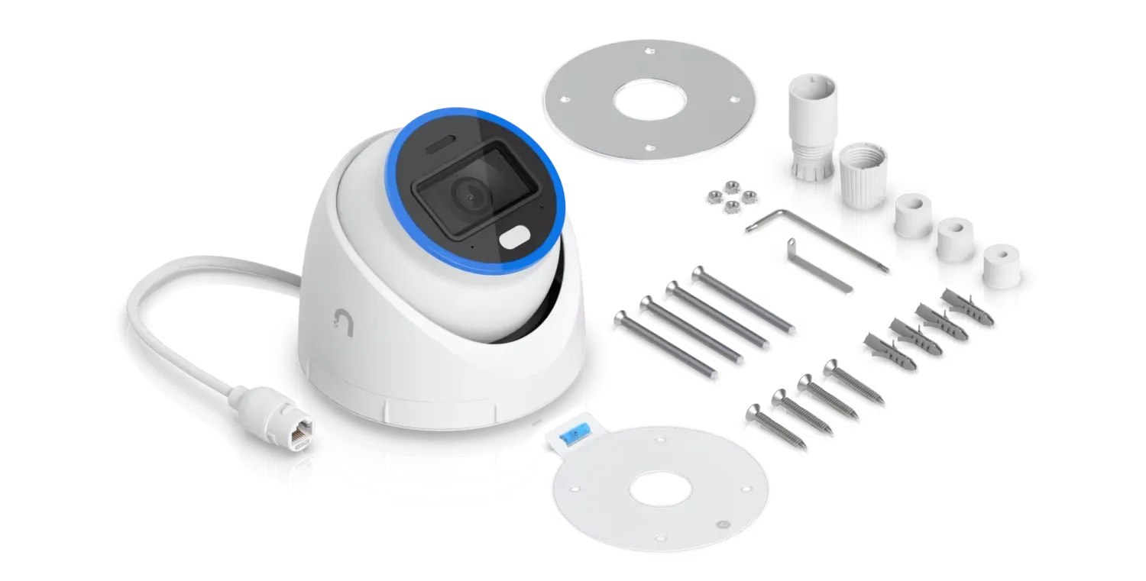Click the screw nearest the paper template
pos(772,424)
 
